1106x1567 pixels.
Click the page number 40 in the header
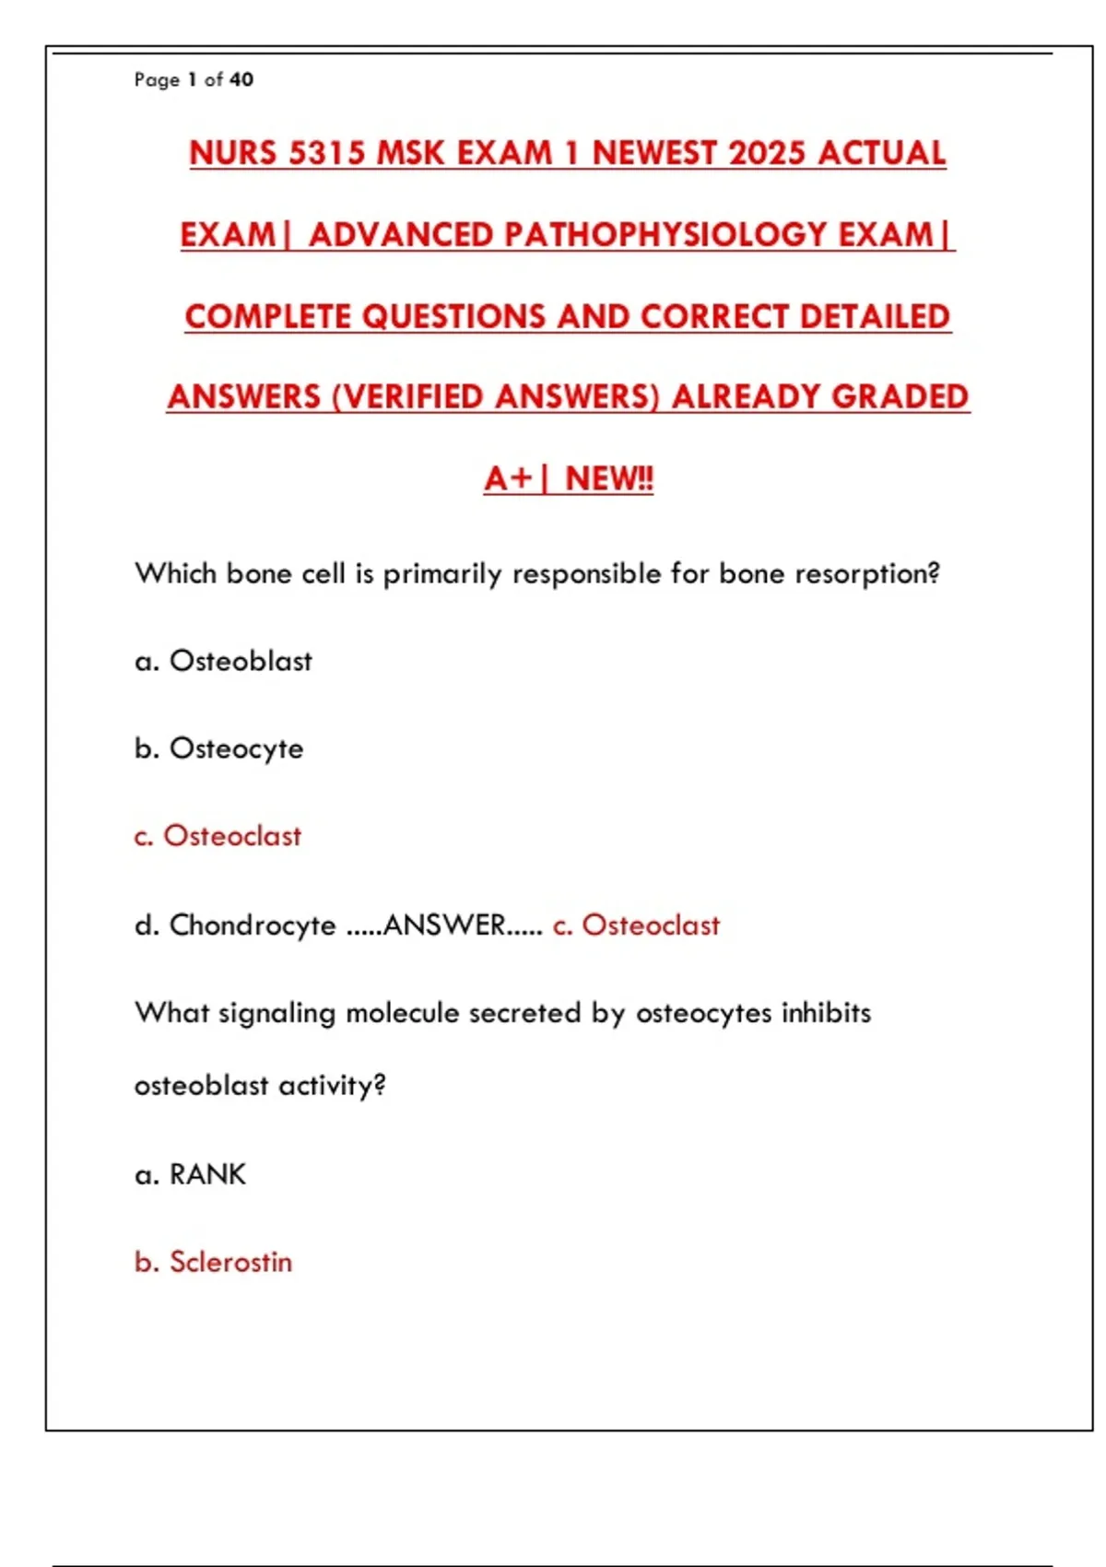coord(241,80)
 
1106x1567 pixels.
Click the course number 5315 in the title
coord(327,153)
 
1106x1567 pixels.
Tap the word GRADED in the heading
coord(900,397)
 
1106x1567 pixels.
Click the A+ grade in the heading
coord(509,479)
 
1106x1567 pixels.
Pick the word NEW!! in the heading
coord(609,479)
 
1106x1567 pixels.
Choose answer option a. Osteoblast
coord(224,662)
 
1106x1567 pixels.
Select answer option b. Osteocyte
coord(219,748)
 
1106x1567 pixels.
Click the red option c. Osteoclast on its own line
coord(218,836)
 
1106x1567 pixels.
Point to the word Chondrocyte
coord(253,925)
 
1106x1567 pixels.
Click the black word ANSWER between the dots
coord(444,925)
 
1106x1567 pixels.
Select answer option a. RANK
coord(191,1174)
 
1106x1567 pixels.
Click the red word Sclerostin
coord(230,1262)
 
